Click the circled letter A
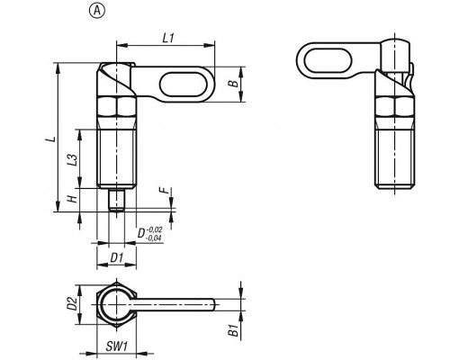(x=97, y=11)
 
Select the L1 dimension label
(x=168, y=38)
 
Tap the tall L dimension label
(x=51, y=139)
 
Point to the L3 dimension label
(x=72, y=160)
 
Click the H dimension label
(x=73, y=198)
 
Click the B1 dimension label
(x=233, y=330)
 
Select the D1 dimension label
(x=117, y=257)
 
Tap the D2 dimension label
(x=72, y=303)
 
